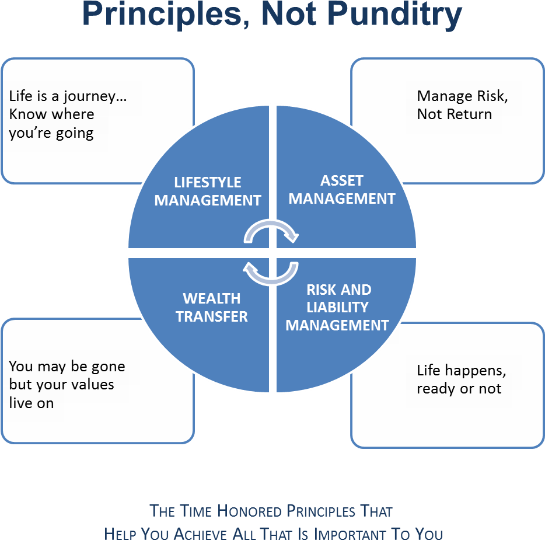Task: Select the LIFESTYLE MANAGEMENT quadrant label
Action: coord(207,191)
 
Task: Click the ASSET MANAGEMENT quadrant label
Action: coord(341,190)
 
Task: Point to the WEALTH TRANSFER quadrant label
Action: coord(212,308)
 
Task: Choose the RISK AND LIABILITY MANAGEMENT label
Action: coord(337,307)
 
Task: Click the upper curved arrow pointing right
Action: coord(271,231)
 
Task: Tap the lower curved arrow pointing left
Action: coord(271,273)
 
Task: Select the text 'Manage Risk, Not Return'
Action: coord(462,105)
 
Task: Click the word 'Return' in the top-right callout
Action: coord(469,114)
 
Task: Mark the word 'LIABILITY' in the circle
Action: coord(337,307)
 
